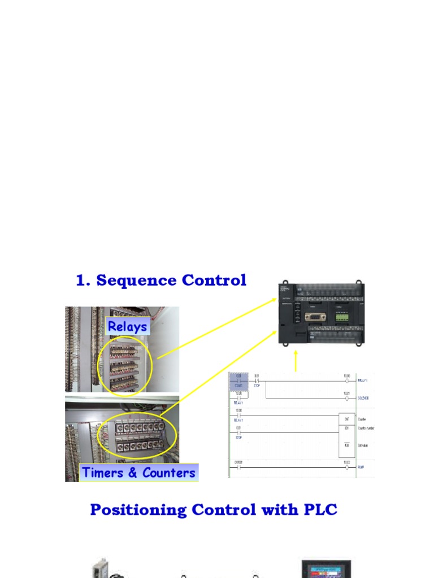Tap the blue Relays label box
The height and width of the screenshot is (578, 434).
pos(128,326)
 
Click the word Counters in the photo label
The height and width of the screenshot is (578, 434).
pos(168,472)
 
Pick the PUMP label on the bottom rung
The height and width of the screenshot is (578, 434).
pos(361,468)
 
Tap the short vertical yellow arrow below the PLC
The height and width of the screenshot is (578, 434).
pos(296,361)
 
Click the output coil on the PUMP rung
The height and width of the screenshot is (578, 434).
pos(346,468)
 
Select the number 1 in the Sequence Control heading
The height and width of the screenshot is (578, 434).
pos(81,281)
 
